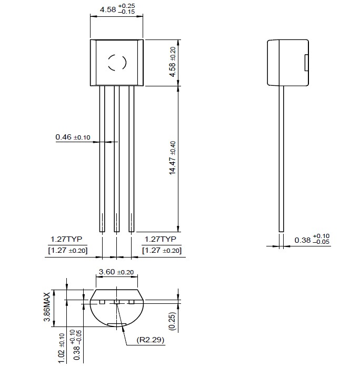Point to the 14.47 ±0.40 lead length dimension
[173, 158]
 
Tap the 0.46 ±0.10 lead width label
[73, 137]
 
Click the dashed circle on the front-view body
[117, 63]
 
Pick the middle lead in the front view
[117, 158]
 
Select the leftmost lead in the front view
[102, 158]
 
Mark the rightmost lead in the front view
[132, 158]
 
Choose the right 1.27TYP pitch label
[159, 239]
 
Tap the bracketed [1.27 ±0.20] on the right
[162, 250]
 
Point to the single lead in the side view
[282, 158]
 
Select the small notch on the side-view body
[306, 62]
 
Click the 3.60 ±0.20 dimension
[116, 272]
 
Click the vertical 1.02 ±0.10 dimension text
[62, 348]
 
